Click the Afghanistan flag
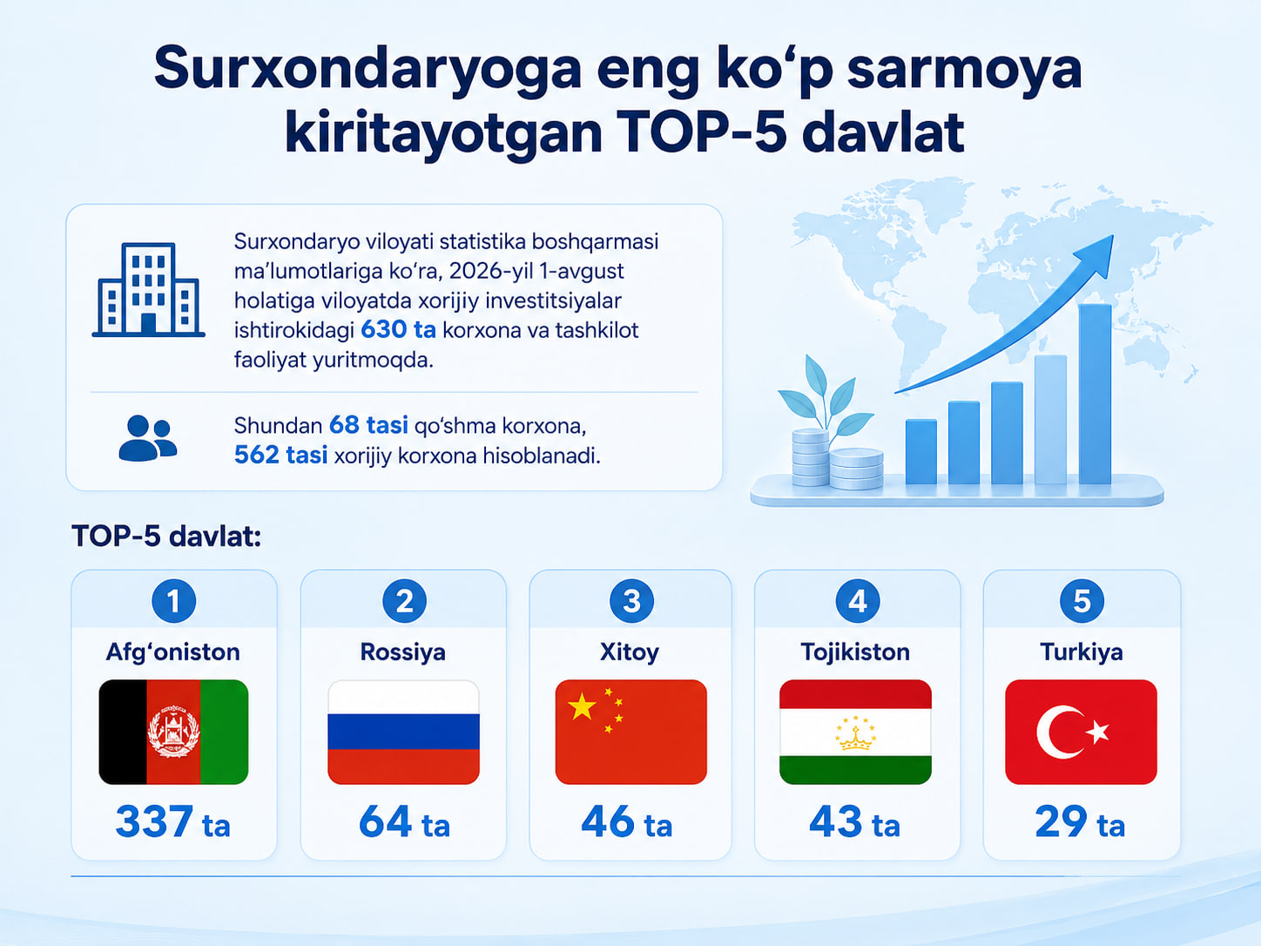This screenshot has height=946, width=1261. [173, 732]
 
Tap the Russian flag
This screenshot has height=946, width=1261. [403, 732]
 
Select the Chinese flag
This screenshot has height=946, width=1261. [630, 732]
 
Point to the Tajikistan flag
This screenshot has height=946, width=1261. [855, 732]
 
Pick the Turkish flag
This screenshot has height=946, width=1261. [1082, 732]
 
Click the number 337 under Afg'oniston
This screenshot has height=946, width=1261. [154, 821]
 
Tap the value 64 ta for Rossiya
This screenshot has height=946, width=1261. [404, 822]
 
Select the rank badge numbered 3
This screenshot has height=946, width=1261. [631, 601]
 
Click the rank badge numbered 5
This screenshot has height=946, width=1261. [1082, 601]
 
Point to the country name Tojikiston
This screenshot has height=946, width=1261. [855, 652]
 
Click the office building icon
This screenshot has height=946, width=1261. [148, 289]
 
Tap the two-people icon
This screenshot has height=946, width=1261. [148, 437]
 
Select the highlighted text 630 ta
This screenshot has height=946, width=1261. [398, 329]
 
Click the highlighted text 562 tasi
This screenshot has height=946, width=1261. [280, 455]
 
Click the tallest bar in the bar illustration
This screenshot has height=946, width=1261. [1095, 394]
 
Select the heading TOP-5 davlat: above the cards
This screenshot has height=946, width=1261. [166, 537]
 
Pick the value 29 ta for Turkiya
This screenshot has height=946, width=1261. [1080, 822]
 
